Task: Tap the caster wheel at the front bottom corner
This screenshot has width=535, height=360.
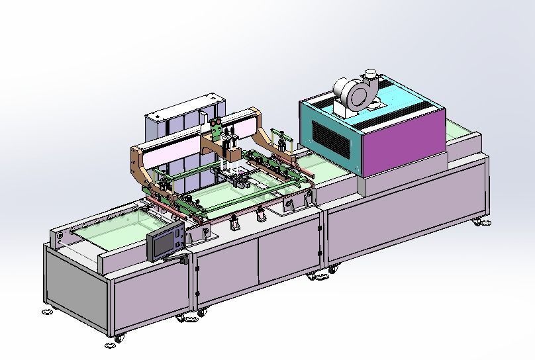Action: tap(119, 339)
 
